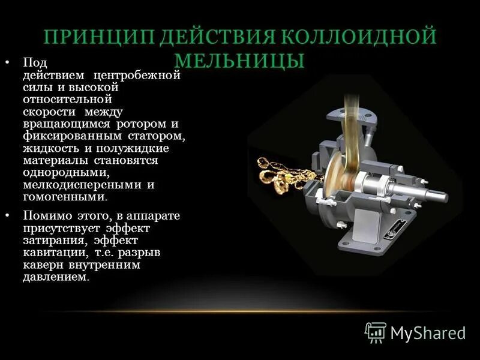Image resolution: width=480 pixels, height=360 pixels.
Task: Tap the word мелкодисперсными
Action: [76, 184]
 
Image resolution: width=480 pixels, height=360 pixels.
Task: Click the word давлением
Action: [55, 277]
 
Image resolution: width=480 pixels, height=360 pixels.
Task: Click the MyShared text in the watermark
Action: [428, 332]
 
